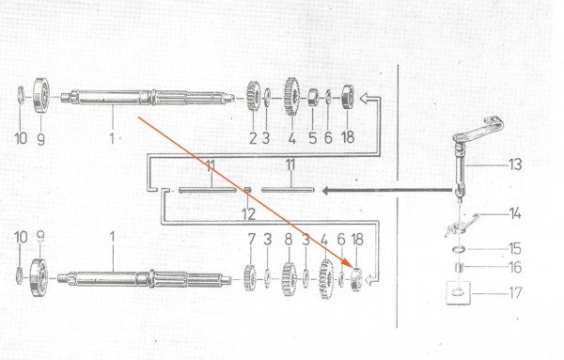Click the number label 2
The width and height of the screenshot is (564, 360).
pos(253,138)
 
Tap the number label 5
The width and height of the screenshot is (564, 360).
pos(313,138)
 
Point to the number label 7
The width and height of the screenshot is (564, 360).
pos(251,240)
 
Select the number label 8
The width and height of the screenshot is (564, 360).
pos(289,240)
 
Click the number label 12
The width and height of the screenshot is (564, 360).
pos(248,214)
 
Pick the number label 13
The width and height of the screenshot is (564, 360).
pos(515,164)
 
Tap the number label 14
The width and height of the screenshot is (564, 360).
pos(515,213)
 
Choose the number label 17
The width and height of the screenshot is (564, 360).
pos(515,292)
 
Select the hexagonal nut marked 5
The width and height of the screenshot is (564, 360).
pos(313,97)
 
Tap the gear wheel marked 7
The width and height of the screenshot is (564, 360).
pos(250,277)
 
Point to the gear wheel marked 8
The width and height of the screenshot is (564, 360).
pos(289,279)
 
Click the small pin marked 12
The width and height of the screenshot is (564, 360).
pos(247,190)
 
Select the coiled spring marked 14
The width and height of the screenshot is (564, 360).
pos(462,226)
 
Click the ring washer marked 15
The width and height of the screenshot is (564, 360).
pos(459,249)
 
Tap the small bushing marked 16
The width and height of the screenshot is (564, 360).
pos(459,267)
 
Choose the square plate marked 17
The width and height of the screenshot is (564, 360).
pos(459,292)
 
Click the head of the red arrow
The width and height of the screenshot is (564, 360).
pos(345,263)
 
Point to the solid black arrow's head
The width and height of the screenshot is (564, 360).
pos(325,191)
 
